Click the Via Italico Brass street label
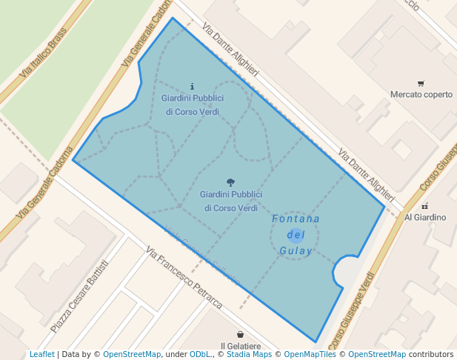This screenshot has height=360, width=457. (43, 53)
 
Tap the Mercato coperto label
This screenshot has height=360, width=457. (421, 94)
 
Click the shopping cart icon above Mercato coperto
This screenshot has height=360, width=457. (421, 84)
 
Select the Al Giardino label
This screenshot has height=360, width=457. (425, 217)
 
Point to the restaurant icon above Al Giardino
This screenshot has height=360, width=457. (424, 206)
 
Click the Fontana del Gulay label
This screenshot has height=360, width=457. (296, 235)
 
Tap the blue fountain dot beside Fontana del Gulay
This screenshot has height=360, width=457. (296, 236)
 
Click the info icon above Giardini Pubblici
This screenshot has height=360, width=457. (192, 87)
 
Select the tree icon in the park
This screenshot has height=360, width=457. (230, 182)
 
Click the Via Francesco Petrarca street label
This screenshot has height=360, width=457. (184, 278)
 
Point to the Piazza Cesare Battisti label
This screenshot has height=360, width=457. (80, 295)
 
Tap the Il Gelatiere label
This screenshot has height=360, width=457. (241, 346)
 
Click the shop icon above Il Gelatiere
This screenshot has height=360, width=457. (241, 335)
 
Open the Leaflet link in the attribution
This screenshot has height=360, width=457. (42, 354)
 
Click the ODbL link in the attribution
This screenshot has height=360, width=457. (201, 354)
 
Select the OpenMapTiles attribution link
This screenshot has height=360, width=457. (310, 354)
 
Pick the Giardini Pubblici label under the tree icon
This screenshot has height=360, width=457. (231, 201)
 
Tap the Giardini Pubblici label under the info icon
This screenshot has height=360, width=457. (193, 104)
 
